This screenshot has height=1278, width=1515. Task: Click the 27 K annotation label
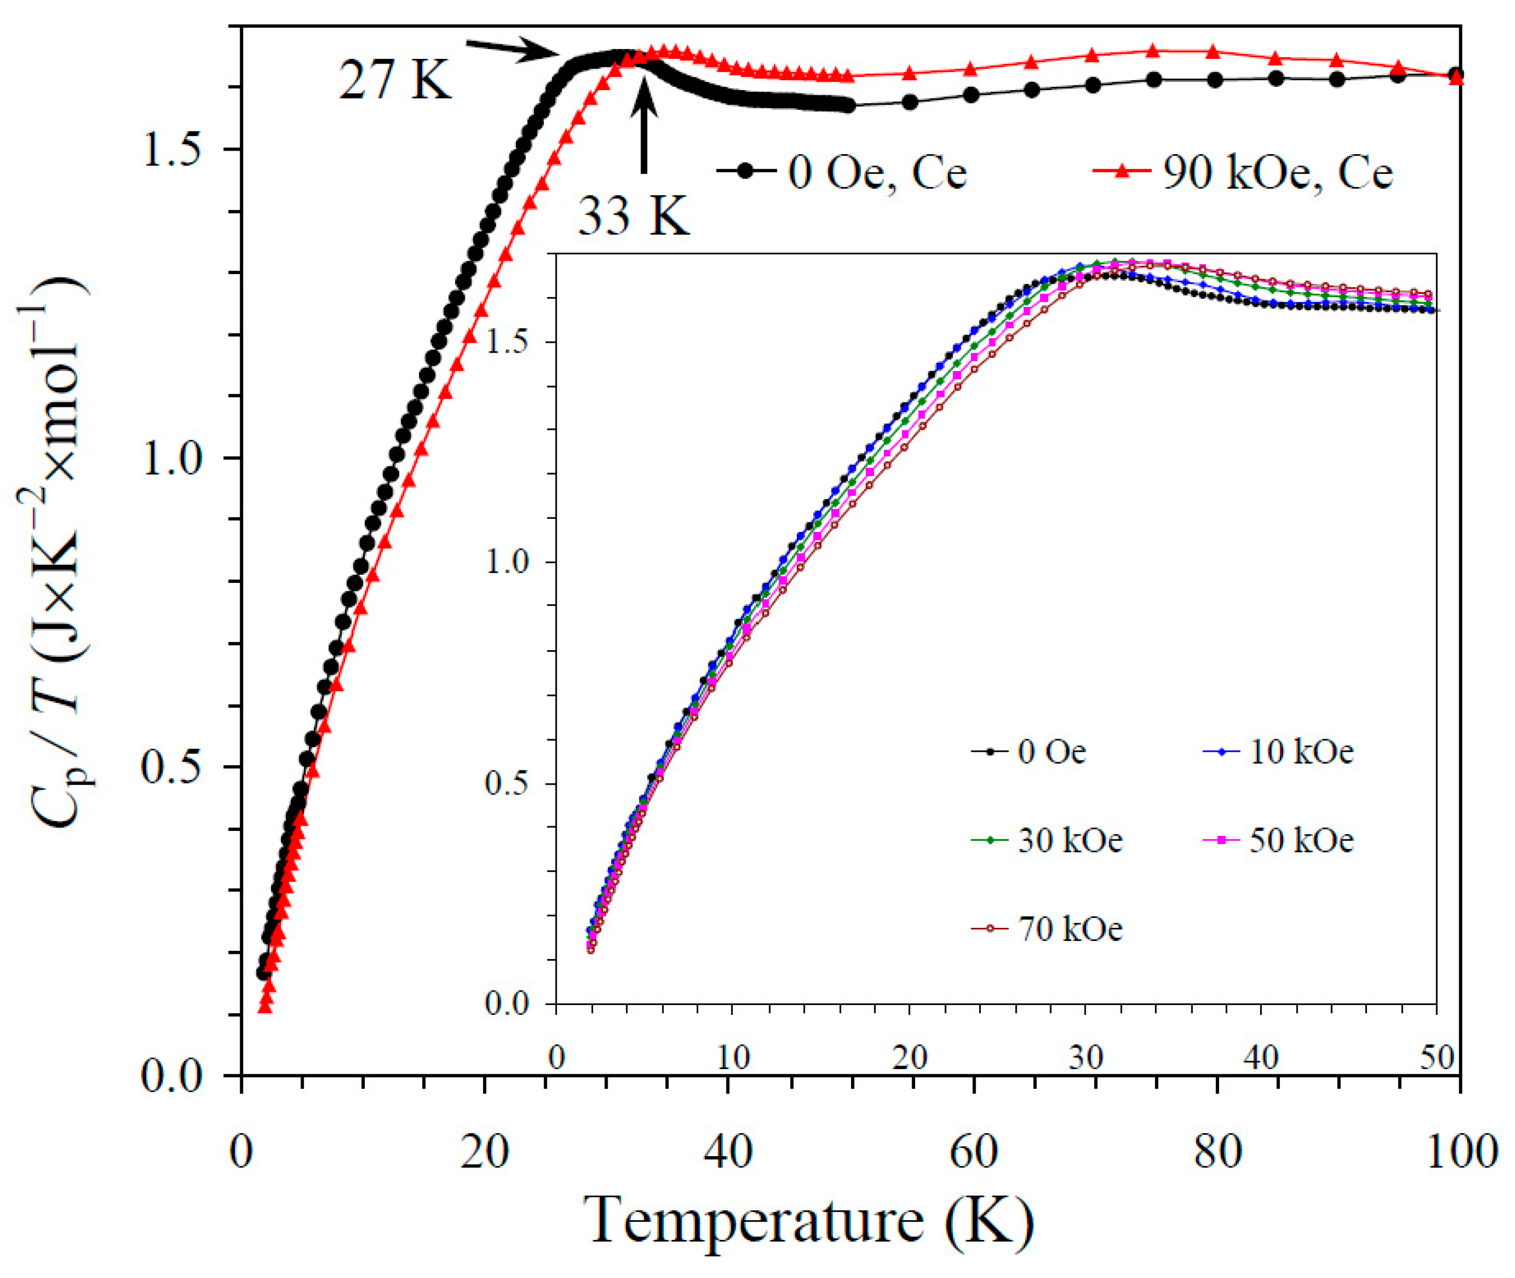[396, 80]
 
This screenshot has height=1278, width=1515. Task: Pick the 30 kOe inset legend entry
[1046, 840]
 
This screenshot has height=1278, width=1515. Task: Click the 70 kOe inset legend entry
[1046, 929]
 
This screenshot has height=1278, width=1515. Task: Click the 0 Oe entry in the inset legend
[1029, 752]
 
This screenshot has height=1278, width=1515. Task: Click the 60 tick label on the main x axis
[973, 1152]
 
